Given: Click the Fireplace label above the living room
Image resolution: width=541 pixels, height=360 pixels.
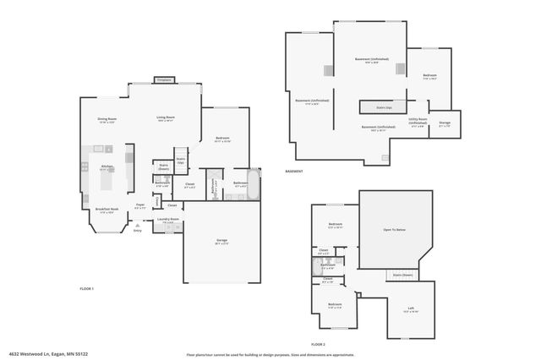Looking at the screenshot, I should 164,80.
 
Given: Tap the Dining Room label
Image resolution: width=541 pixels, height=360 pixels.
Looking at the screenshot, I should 107,119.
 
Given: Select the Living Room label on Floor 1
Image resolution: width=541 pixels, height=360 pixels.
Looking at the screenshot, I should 165,117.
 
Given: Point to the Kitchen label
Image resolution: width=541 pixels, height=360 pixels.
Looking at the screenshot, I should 107,166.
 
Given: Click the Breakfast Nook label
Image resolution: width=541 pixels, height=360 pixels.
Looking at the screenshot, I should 107,209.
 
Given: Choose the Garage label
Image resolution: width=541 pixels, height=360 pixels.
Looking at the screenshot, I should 221,241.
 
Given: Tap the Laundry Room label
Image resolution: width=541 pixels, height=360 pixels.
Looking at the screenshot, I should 168,220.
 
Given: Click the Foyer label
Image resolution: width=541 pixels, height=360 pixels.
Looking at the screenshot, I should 140,205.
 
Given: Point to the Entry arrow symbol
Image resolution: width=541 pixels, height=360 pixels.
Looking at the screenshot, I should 137,225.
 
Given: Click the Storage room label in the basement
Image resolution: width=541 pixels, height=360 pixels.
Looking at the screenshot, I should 445,123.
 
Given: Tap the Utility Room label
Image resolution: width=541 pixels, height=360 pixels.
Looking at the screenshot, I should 418,121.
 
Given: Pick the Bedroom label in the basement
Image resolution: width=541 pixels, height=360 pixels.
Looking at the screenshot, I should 429,76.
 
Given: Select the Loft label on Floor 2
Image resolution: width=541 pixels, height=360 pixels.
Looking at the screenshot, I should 411,308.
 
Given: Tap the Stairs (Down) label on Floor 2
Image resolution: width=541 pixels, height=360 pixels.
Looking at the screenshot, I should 402,275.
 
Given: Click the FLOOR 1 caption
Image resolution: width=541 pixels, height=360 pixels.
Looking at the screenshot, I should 86,289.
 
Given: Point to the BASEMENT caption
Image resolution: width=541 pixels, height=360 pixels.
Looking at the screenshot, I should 295,172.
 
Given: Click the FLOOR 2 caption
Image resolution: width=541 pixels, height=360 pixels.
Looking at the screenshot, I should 318,345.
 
